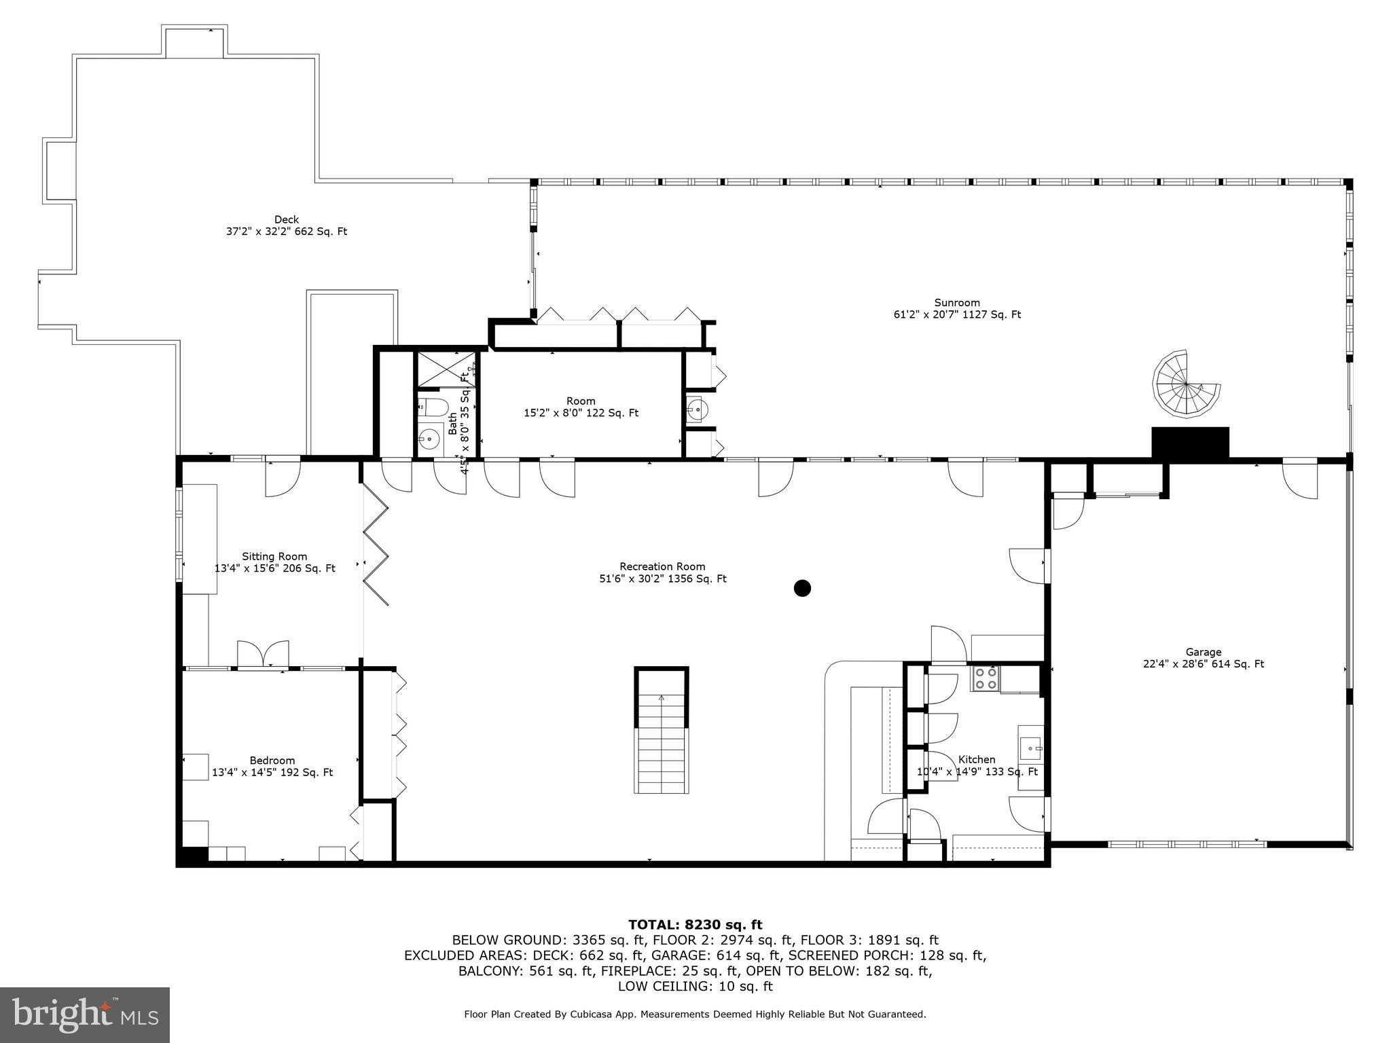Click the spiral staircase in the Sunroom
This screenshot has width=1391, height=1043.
pos(1185,384)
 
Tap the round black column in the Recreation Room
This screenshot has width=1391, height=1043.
pos(802,588)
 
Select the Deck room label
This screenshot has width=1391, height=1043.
pos(286,219)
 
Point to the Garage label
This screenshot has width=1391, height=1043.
pos(1203,652)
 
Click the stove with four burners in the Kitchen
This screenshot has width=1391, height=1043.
pos(986,678)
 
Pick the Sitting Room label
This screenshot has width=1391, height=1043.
pos(274,556)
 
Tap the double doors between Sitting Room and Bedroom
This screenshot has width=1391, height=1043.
pos(263,655)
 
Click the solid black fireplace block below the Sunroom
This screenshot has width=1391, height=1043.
pos(1190,443)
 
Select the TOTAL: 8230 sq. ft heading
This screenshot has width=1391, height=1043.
pos(695,924)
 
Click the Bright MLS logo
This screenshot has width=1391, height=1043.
pos(85,1014)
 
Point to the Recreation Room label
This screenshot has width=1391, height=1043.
pos(662,566)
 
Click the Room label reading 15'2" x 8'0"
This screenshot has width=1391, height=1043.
pos(581,401)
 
